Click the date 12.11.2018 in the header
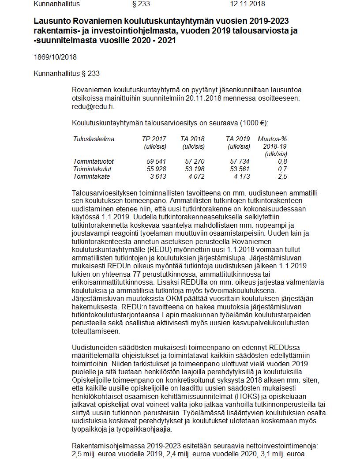click(247, 4)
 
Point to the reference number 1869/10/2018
click(55, 57)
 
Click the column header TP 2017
click(154, 139)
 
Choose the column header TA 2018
click(192, 139)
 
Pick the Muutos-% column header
click(272, 139)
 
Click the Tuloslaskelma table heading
click(94, 139)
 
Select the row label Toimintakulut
click(92, 169)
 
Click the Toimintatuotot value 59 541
click(156, 162)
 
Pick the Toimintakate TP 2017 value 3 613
click(158, 177)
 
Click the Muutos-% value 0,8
click(282, 162)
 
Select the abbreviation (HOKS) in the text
click(250, 395)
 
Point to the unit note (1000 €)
click(253, 123)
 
